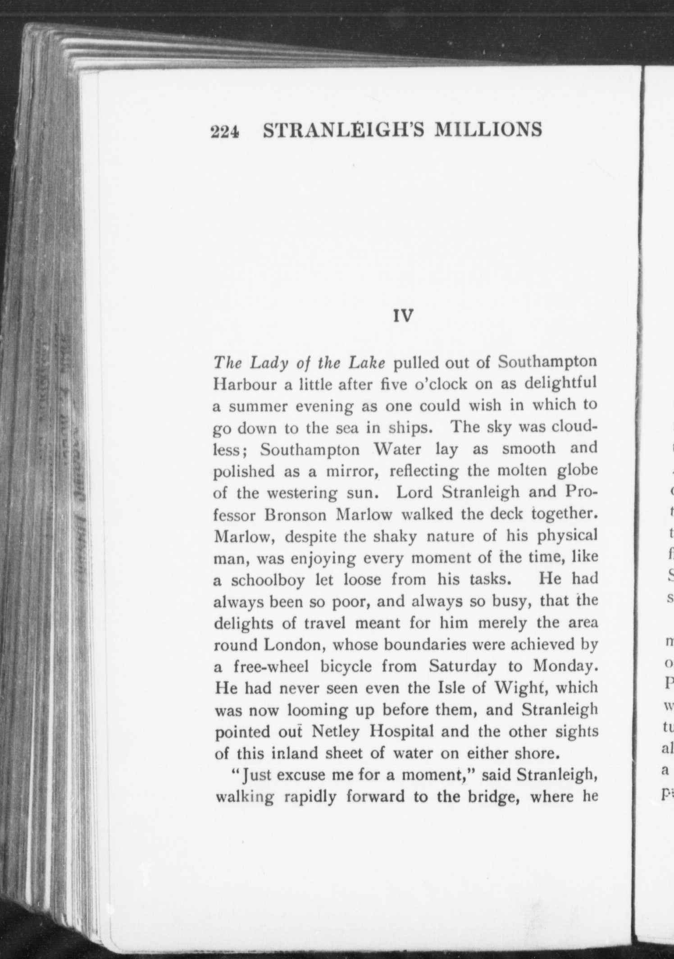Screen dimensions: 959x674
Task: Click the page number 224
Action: (x=224, y=131)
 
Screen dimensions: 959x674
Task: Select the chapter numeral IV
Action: (x=403, y=316)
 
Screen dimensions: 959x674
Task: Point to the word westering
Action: (x=302, y=493)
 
